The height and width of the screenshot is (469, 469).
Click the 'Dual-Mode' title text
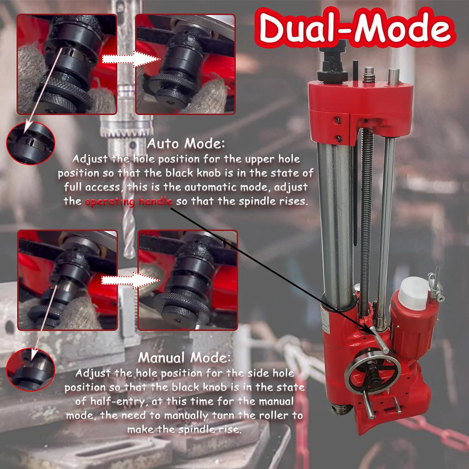pyautogui.click(x=355, y=27)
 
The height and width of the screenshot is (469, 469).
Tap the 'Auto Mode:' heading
pyautogui.click(x=186, y=143)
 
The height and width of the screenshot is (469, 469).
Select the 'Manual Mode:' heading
pyautogui.click(x=185, y=357)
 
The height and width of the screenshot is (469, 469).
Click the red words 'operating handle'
pyautogui.click(x=129, y=202)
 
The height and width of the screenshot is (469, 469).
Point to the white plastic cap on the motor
pyautogui.click(x=413, y=293)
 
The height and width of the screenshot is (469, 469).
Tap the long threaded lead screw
pyautogui.click(x=366, y=221)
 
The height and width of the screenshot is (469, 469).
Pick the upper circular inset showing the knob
pyautogui.click(x=31, y=143)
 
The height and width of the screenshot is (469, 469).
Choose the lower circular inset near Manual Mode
pyautogui.click(x=31, y=370)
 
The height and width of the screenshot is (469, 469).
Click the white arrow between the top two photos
pyautogui.click(x=131, y=59)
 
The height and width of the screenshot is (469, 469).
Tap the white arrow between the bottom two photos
pyautogui.click(x=131, y=281)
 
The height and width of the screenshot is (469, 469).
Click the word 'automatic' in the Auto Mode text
pyautogui.click(x=211, y=187)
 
